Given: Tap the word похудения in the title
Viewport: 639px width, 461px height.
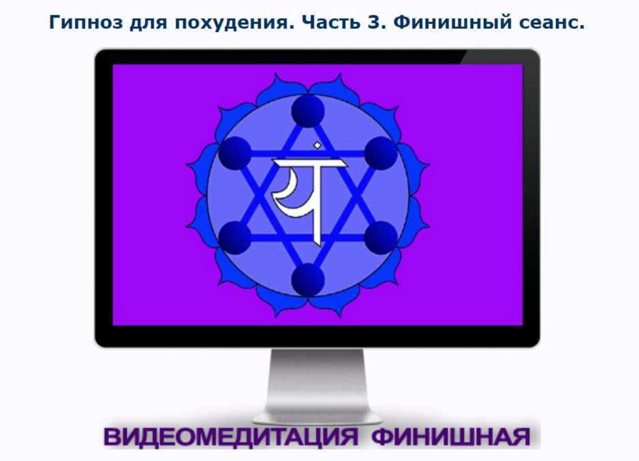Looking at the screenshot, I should tap(234, 22).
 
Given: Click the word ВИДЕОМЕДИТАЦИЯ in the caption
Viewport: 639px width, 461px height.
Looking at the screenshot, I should tap(231, 437).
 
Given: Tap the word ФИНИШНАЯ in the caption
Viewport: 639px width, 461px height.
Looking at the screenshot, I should tap(451, 437).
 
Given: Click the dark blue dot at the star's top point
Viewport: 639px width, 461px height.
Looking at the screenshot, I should tap(308, 111).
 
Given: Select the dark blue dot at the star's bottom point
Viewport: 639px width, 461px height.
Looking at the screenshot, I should tap(308, 280).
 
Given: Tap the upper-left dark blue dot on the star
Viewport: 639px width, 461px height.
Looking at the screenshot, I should tap(235, 153).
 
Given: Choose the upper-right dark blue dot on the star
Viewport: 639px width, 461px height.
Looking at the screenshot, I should tap(381, 153).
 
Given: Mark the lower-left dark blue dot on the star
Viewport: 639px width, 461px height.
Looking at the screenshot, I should tap(235, 237).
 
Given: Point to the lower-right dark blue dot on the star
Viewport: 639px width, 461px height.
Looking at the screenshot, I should tap(381, 237).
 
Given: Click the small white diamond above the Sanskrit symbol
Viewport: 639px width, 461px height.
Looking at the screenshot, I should tap(316, 146).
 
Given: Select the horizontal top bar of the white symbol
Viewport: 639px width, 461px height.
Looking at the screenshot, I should tap(309, 163).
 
